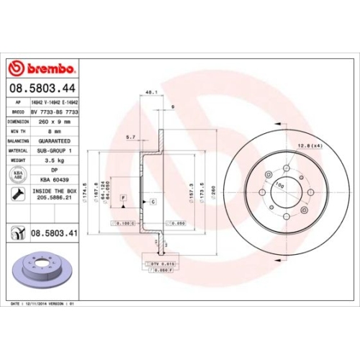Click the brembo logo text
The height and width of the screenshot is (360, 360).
point(50,68)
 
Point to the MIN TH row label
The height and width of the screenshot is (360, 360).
point(17,132)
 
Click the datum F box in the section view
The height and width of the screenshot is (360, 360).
point(123,197)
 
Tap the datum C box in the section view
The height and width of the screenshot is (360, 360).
point(153,203)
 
